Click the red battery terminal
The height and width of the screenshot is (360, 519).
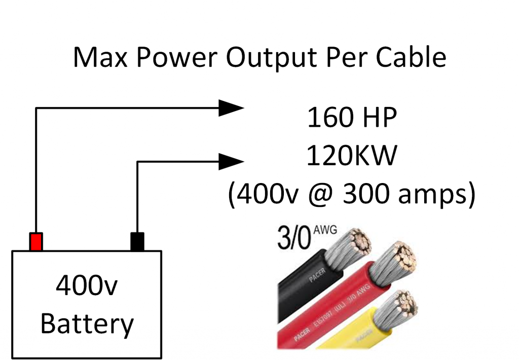[x=35, y=241]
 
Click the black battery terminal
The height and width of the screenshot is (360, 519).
[x=137, y=241]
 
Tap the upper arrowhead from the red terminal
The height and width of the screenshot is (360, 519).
[x=231, y=107]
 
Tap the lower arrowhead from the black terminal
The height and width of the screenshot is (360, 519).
[x=231, y=162]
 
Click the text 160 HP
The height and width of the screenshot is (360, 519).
[x=351, y=119]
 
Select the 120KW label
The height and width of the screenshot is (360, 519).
[x=351, y=157]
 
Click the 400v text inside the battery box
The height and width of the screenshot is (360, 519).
[x=87, y=287]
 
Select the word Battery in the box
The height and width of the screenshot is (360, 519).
[x=87, y=323]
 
